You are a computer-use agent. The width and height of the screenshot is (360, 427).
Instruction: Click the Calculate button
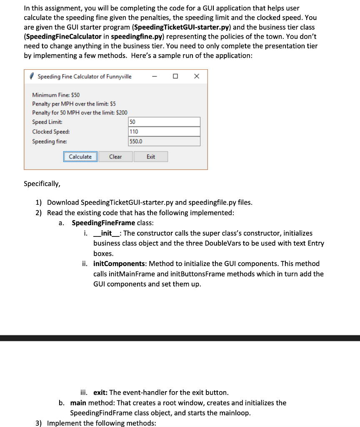pos(80,157)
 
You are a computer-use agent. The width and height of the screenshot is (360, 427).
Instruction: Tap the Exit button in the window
pos(151,157)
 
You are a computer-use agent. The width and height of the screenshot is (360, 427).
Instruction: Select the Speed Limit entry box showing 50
pos(164,122)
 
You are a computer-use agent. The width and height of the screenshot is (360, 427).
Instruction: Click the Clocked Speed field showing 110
pos(164,132)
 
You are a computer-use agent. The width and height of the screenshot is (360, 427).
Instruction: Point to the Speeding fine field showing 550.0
pos(164,141)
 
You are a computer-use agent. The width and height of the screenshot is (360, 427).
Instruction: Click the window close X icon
pos(197,76)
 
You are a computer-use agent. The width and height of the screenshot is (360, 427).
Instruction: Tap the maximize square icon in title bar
pos(175,76)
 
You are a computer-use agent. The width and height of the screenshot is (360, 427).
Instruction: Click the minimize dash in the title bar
pos(155,76)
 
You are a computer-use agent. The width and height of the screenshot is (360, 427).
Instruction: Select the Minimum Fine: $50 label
pos(56,95)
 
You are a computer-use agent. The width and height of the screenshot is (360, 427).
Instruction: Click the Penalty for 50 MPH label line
pos(80,113)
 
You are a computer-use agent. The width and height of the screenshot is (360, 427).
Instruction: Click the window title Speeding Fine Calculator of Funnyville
pos(85,76)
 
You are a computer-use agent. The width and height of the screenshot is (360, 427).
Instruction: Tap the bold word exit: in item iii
pos(100,392)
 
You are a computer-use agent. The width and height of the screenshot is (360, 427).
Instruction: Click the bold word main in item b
pos(78,403)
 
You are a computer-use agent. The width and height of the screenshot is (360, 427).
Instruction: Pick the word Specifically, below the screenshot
pos(42,183)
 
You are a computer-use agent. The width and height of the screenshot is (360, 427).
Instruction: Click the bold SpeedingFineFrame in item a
pos(103,223)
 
